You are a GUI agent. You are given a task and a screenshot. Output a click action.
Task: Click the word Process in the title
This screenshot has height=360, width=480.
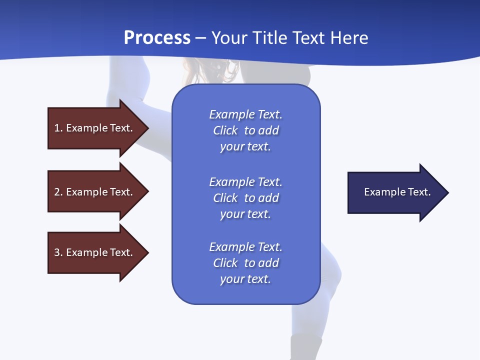click(x=157, y=38)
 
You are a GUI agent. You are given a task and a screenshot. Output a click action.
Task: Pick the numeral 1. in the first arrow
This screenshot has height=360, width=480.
click(x=58, y=128)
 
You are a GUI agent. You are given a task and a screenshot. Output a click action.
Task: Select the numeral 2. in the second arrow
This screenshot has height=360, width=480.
click(x=58, y=192)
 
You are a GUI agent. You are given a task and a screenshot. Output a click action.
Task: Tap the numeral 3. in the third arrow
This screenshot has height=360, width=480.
click(x=58, y=252)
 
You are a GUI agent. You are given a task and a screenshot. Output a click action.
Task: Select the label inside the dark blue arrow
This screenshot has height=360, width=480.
click(x=397, y=192)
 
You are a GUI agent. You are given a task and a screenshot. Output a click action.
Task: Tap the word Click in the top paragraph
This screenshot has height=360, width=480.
click(x=225, y=130)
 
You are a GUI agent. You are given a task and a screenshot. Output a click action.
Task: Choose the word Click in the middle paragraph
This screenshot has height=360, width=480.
click(x=225, y=198)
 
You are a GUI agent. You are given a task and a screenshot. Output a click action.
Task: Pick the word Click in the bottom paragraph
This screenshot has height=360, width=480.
click(x=225, y=263)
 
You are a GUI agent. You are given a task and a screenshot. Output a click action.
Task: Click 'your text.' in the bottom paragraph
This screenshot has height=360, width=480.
click(x=245, y=279)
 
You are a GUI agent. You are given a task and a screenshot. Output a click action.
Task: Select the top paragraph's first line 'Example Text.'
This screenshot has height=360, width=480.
click(x=245, y=114)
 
